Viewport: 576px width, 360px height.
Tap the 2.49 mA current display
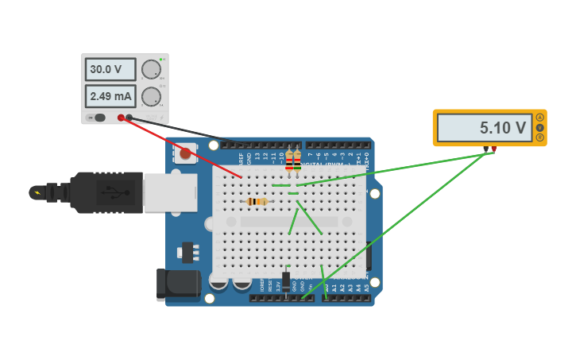pos(110,96)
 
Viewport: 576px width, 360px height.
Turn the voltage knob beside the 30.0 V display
pos(150,70)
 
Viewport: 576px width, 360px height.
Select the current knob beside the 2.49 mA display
pos(150,97)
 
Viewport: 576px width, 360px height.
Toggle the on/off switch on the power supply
pos(98,118)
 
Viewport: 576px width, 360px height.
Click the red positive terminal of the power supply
pos(121,118)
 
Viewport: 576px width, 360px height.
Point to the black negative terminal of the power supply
pos(129,118)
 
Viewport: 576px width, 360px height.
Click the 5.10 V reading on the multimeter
pos(485,127)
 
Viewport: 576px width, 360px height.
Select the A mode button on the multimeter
pos(540,118)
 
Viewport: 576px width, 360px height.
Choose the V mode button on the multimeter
pos(540,127)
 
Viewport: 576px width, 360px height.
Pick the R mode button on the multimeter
pos(540,137)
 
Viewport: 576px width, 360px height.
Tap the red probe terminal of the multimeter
pos(493,149)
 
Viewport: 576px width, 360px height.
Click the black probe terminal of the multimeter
pos(485,149)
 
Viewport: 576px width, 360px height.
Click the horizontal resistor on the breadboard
pos(257,202)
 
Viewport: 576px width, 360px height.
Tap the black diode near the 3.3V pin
pos(286,280)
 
